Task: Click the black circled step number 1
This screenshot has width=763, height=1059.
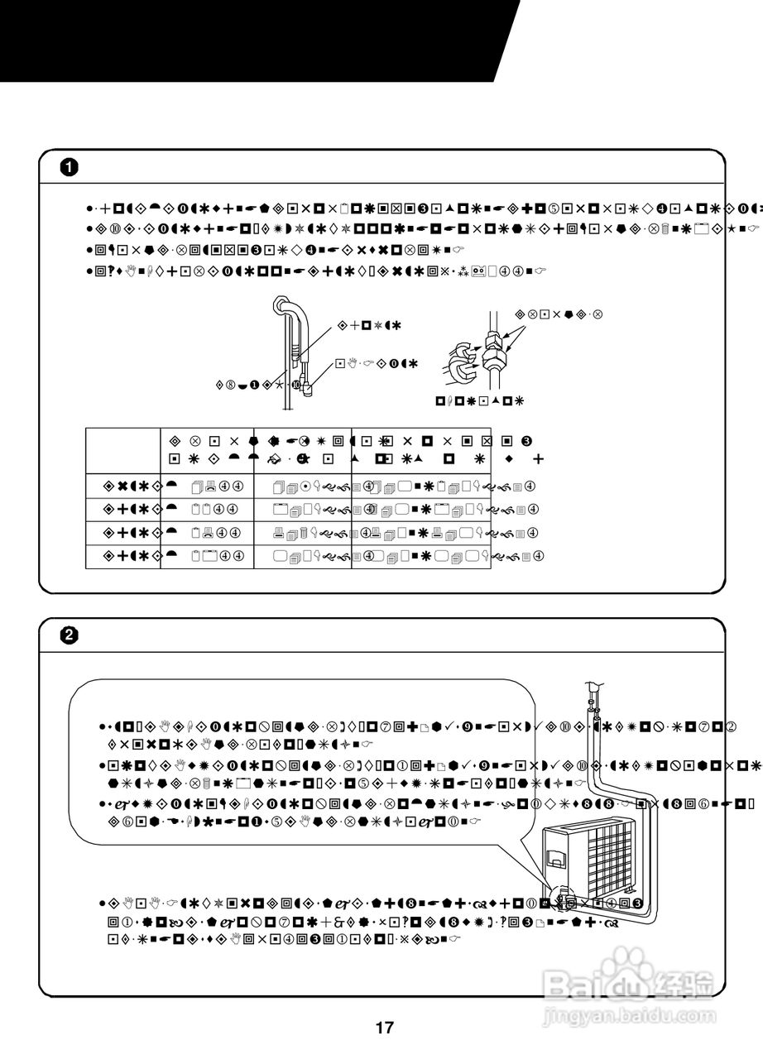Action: coord(70,167)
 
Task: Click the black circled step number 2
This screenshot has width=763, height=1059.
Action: coord(70,635)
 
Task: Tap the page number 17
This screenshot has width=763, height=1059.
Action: coord(384,1028)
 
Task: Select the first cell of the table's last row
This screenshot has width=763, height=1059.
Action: coord(123,556)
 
